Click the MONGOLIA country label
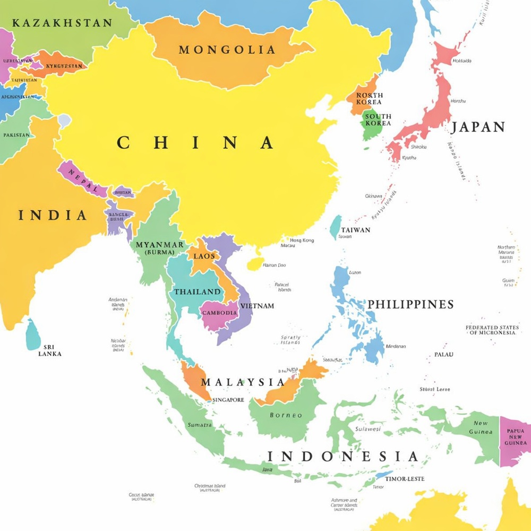point(227,50)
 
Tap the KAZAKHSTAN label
point(62,23)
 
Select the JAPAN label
point(478,127)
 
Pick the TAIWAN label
point(356,230)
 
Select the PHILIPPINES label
point(410,304)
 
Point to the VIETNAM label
point(257,306)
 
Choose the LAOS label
point(204,256)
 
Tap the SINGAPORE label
point(228,400)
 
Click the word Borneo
point(286,415)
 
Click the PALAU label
point(443,354)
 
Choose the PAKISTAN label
point(16,135)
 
